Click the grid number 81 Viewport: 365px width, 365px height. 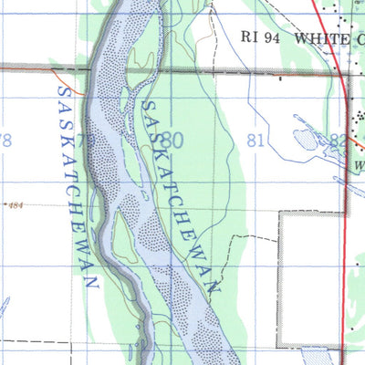click(x=256, y=141)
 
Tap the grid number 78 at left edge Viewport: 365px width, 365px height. click(x=5, y=141)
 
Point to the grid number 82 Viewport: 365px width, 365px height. click(x=339, y=141)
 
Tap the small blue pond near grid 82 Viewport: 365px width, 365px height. click(x=304, y=140)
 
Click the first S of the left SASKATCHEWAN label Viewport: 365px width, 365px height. click(x=61, y=91)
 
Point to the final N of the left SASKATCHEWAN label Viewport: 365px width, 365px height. click(x=91, y=284)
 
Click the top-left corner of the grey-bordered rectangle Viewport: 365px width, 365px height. click(x=278, y=214)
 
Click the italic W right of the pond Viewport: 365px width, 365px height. click(x=360, y=166)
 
